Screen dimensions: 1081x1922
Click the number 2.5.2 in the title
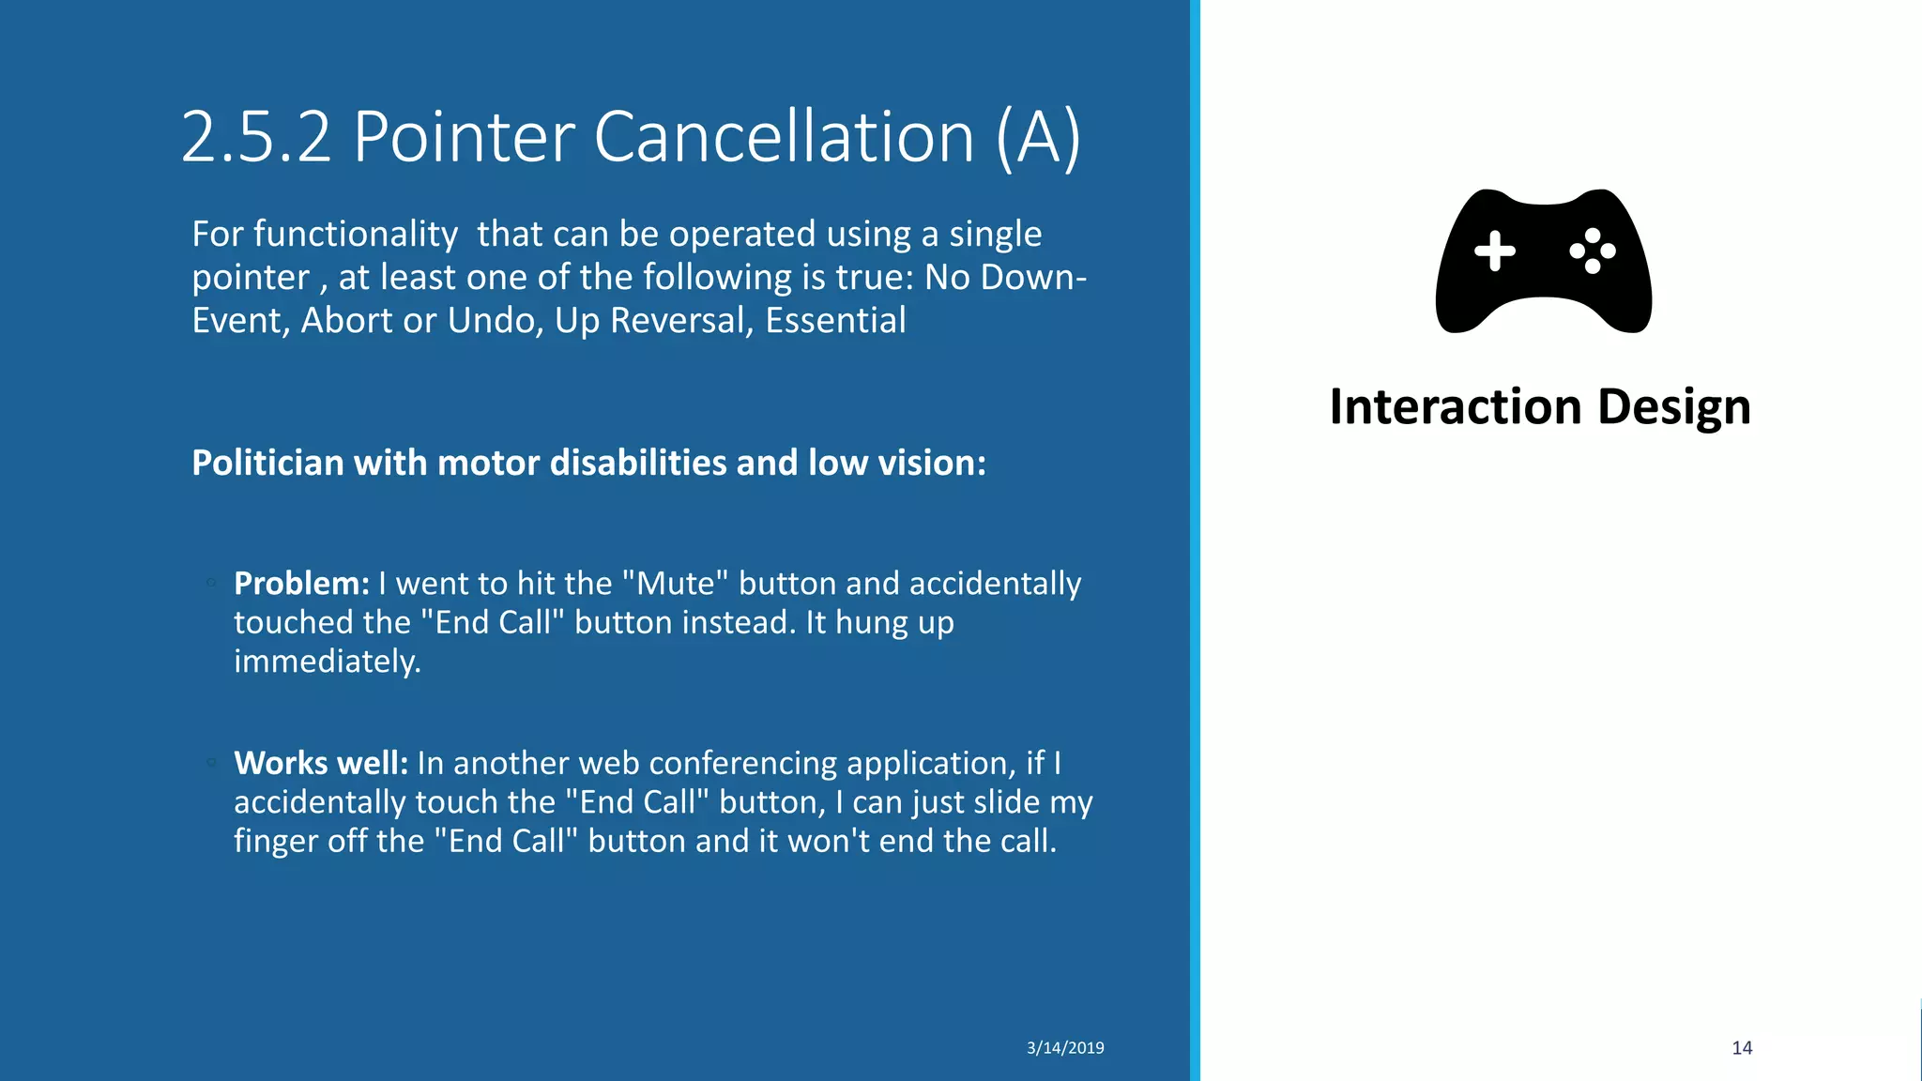[x=255, y=138]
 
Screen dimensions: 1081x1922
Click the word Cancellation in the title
[x=784, y=138]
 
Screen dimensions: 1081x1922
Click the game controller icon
[x=1543, y=261]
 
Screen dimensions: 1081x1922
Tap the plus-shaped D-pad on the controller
[x=1494, y=251]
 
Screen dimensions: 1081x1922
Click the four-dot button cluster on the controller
[x=1593, y=251]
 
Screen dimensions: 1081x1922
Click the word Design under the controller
[x=1673, y=407]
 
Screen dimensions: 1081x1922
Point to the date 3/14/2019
[x=1065, y=1048]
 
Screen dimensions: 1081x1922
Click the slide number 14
[x=1742, y=1048]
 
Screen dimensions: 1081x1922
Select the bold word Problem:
[x=301, y=584]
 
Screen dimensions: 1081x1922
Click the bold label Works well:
[x=321, y=763]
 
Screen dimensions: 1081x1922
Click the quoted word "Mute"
[x=676, y=584]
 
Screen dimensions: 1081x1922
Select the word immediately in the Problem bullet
[x=327, y=662]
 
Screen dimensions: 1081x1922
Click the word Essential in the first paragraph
[x=835, y=321]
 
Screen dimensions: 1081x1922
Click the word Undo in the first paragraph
[x=493, y=321]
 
